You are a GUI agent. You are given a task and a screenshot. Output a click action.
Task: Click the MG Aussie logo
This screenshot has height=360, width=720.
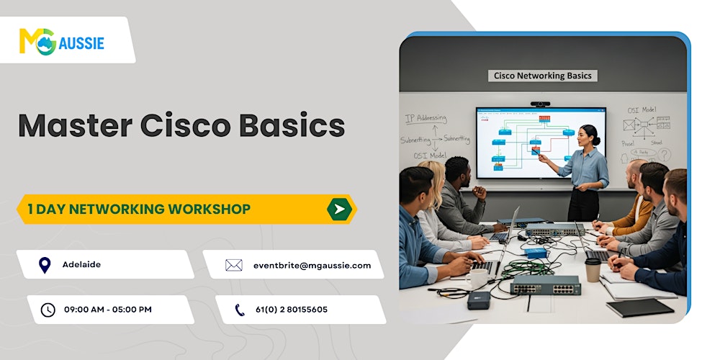[62, 42]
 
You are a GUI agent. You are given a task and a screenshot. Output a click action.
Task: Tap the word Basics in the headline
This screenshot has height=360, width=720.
[294, 126]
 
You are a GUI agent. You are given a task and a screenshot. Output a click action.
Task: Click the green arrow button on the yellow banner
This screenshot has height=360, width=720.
[339, 210]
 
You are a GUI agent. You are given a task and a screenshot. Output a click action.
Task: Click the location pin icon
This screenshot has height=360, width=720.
[45, 265]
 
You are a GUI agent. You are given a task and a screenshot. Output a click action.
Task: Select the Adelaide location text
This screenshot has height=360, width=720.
[82, 265]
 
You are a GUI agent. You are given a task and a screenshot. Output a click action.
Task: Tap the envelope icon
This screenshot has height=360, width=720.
[233, 266]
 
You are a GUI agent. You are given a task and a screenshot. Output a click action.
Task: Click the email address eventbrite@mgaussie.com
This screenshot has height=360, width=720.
[312, 266]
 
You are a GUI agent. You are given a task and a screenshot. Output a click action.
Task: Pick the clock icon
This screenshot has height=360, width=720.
[48, 310]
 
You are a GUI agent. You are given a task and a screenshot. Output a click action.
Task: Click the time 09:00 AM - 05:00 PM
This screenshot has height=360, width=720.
[107, 310]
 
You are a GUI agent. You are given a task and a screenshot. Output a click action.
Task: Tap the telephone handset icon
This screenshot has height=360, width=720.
[240, 310]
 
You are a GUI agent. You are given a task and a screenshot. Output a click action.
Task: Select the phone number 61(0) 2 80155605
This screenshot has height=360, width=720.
[291, 310]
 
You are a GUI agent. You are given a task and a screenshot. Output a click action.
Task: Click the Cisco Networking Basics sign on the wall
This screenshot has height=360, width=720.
[543, 76]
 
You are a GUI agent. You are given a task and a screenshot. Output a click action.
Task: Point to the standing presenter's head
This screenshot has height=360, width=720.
[590, 135]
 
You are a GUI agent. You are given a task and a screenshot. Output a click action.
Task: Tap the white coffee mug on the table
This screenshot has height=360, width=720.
[477, 277]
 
